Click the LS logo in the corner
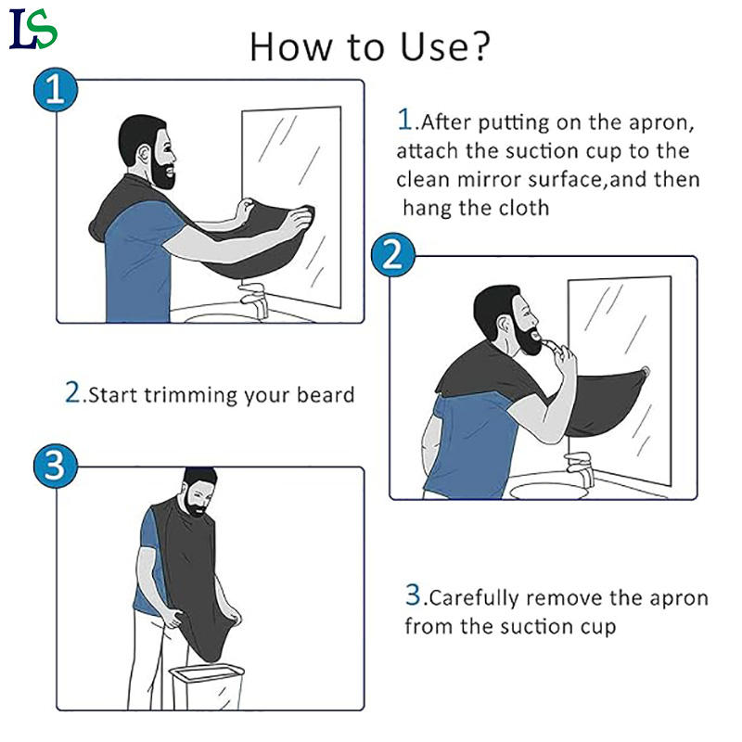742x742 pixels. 33,30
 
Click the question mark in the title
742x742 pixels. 480,46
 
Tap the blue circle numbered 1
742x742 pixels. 56,90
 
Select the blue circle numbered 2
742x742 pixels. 392,254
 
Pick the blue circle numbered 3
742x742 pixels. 55,466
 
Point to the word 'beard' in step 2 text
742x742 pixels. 326,395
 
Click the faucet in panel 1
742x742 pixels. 253,300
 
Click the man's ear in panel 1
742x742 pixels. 144,154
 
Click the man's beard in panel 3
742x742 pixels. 197,505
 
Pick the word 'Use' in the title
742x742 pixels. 434,47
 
